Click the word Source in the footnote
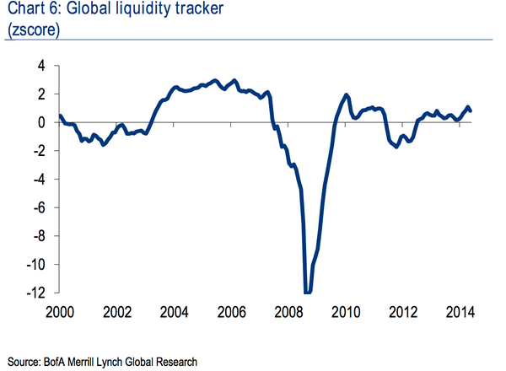25,361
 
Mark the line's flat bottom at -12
308,292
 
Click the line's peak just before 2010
347,94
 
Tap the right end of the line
470,110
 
